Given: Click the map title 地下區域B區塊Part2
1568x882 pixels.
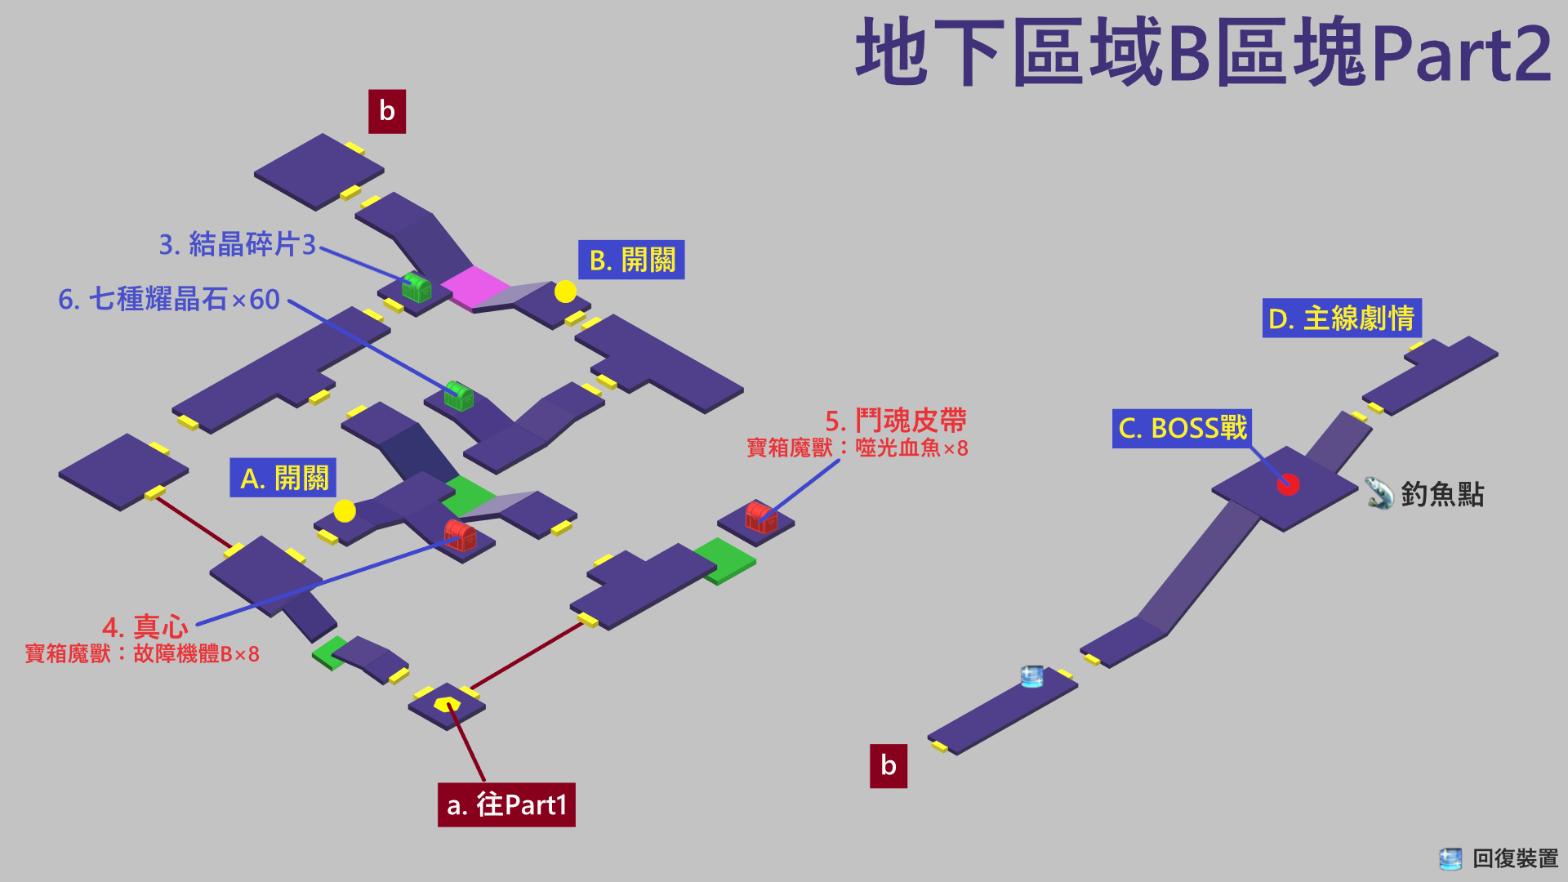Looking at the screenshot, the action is point(1203,53).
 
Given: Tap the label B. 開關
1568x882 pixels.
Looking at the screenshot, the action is point(631,260).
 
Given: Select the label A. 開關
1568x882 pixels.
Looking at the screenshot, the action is point(283,478).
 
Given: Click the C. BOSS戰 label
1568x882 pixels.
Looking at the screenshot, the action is point(1182,428).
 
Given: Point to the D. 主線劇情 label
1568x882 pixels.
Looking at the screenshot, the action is point(1342,318).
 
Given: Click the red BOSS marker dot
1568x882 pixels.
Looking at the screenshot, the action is point(1288,484).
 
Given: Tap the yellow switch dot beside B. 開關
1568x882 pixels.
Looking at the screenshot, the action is point(565,292).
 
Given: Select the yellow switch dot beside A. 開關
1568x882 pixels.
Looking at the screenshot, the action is point(345,511).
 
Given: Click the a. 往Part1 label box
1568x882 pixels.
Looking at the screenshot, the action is point(506,804).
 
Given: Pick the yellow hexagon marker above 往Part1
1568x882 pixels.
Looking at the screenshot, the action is point(447,704).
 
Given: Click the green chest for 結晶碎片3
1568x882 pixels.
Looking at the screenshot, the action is point(416,287).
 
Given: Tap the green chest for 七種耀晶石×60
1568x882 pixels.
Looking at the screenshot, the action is point(458,395).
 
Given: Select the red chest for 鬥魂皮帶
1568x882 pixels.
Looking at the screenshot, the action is point(760,517).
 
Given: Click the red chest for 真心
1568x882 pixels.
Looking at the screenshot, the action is point(460,535).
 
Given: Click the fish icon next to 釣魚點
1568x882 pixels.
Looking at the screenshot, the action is point(1379,492).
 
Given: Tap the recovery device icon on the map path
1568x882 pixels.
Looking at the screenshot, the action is point(1032,675).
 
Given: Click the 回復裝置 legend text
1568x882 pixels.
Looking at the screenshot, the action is point(1515,858).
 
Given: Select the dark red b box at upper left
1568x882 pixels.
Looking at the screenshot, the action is point(387,111).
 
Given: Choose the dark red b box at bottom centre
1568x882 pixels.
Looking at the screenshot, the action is point(889,765).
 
